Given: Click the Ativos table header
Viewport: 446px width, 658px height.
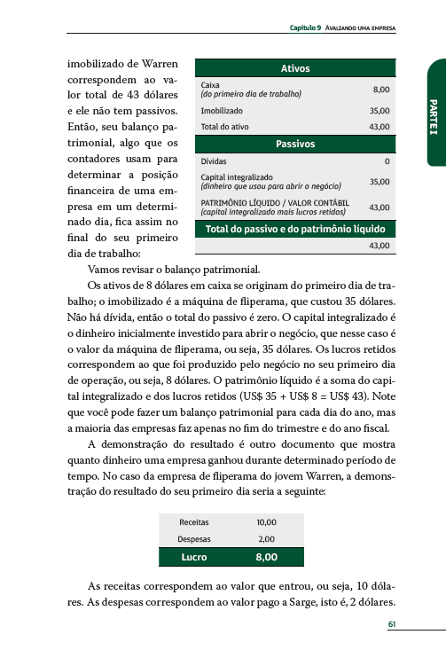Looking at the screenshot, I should click(294, 68).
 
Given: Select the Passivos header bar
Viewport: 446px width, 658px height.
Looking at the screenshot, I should click(294, 143).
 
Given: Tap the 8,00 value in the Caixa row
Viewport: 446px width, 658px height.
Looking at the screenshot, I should click(380, 90).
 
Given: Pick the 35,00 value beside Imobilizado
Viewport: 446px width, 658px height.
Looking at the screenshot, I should click(379, 111).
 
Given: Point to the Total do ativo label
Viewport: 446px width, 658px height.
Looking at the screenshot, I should click(223, 127).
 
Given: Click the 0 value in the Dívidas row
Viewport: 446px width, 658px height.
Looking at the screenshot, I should click(387, 162).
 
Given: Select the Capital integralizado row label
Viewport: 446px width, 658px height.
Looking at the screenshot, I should click(237, 177).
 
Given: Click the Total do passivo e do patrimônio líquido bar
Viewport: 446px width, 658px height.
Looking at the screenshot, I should click(294, 229).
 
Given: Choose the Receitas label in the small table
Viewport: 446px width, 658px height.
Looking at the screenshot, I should click(194, 522).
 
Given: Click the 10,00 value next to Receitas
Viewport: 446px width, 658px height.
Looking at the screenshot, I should click(266, 522).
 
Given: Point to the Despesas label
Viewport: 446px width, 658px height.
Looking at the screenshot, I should click(194, 538).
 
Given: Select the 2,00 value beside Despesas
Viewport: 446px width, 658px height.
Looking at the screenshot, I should click(266, 538).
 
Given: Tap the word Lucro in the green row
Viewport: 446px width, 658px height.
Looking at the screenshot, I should click(194, 557).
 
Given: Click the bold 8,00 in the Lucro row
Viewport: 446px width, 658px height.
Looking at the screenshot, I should click(266, 557).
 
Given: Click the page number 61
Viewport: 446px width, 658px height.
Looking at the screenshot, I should click(391, 623).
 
